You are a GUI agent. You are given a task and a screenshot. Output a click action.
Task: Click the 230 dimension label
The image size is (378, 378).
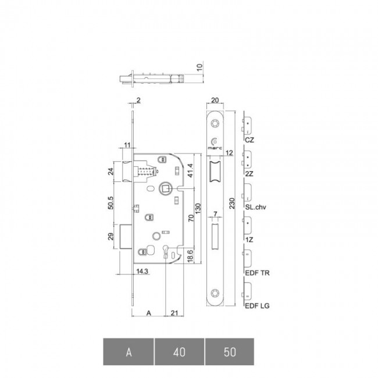pyautogui.click(x=232, y=203)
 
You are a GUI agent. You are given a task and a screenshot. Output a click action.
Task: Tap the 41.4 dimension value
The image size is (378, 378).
pyautogui.click(x=190, y=170)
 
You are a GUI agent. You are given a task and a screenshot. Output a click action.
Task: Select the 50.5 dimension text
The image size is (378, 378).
pyautogui.click(x=110, y=203)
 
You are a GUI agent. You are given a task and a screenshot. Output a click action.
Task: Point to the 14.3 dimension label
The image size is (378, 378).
pyautogui.click(x=142, y=271)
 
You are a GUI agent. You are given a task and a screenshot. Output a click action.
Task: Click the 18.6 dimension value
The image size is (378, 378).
pyautogui.click(x=190, y=256)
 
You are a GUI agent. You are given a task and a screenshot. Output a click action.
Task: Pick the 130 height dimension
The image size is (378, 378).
pyautogui.click(x=198, y=208)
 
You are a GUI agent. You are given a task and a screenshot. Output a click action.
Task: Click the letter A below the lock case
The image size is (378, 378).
pyautogui.click(x=149, y=313)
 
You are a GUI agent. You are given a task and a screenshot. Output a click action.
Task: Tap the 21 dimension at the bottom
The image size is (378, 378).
pyautogui.click(x=174, y=313)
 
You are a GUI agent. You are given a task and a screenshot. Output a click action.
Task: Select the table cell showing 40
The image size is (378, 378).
pyautogui.click(x=179, y=352)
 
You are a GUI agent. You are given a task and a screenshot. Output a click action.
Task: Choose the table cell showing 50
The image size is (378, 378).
pyautogui.click(x=230, y=352)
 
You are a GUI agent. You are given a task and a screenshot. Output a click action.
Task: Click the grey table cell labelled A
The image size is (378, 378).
pyautogui.click(x=129, y=352)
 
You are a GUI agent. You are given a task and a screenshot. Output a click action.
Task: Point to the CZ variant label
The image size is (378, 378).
pyautogui.click(x=249, y=140)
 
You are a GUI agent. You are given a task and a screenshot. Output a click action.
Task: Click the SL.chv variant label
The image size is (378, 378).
pyautogui.click(x=256, y=207)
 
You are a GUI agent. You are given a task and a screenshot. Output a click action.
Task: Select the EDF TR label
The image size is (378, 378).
pyautogui.click(x=257, y=273)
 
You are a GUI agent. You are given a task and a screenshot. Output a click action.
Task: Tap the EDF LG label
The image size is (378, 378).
pyautogui.click(x=257, y=306)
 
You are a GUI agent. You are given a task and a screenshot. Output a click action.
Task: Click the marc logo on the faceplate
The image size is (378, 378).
pyautogui.click(x=215, y=144)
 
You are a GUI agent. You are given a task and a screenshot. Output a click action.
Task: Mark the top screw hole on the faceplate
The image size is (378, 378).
pyautogui.click(x=215, y=124)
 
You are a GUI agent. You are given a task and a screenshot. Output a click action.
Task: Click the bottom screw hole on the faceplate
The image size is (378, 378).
pyautogui.click(x=215, y=293)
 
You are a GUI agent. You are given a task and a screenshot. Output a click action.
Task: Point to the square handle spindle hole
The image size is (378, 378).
pyautogui.click(x=165, y=188)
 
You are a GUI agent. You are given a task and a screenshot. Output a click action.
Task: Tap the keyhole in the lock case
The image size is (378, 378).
pyautogui.click(x=165, y=251)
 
